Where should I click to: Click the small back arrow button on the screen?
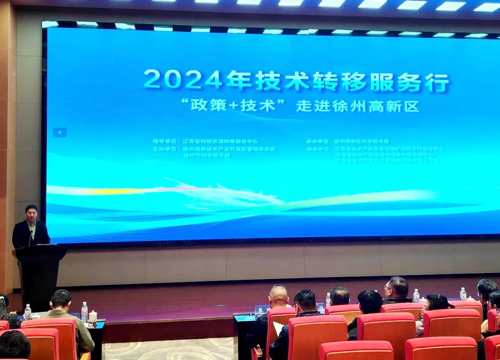(59, 132)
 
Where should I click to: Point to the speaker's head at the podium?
(31, 213)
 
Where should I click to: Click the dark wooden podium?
(39, 273)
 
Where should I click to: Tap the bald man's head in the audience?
(278, 296)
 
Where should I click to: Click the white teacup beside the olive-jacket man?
(93, 317)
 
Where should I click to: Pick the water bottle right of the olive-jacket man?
(84, 311)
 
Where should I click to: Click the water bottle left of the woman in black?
(416, 295)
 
